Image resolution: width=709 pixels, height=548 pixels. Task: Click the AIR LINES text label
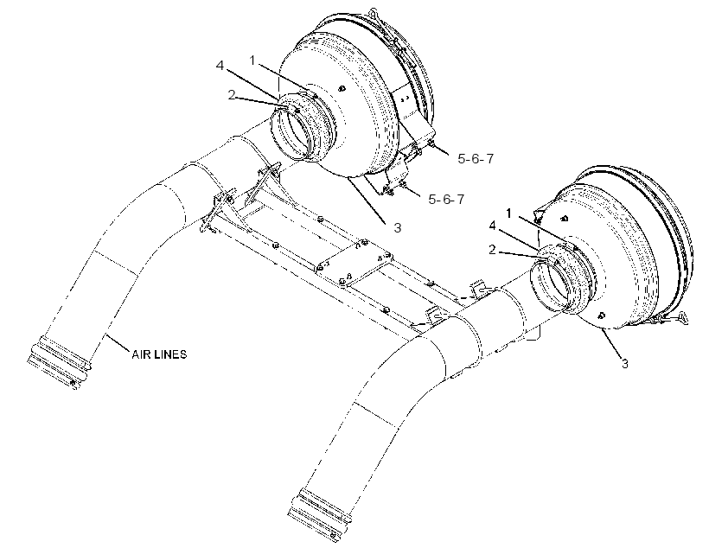pos(159,354)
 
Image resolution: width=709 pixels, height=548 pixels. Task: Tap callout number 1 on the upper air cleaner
pos(252,60)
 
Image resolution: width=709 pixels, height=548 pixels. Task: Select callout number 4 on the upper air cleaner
pos(220,66)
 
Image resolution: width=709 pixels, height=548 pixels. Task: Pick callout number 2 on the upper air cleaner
pos(232,95)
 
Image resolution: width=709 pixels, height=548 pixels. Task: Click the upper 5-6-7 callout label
pos(476,159)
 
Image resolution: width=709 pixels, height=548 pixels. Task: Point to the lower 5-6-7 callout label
pos(446,199)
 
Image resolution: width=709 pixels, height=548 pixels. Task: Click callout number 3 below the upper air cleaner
pos(398,228)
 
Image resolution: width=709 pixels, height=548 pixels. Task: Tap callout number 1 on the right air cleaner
pos(509,213)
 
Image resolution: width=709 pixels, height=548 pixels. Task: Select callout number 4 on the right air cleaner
pos(493,226)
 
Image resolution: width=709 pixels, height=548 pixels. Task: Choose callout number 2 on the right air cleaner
pos(493,250)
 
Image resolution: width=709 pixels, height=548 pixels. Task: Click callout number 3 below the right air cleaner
pos(625,364)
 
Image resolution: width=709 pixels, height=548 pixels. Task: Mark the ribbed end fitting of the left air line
pos(59,361)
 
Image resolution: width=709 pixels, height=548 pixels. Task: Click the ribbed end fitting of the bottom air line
pos(319,514)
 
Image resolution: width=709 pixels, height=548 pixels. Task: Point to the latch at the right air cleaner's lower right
pos(674,318)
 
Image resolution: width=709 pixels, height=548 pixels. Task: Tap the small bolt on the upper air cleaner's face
pos(342,88)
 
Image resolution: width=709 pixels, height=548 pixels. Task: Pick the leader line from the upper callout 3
pos(367,200)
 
